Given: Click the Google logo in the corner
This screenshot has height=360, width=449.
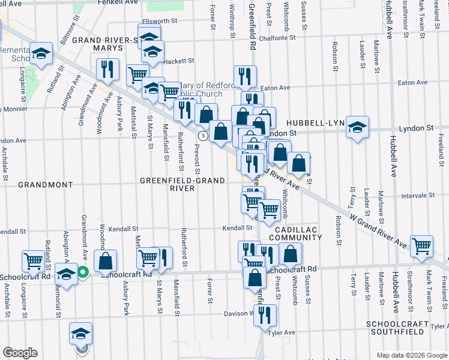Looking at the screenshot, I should coord(20,353).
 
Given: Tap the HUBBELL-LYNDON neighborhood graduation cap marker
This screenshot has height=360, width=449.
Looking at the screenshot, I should coord(357,127).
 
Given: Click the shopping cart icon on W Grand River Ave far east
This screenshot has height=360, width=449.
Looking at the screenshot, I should coord(422,245).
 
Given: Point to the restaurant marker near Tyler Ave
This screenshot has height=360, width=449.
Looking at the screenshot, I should coord(265,314).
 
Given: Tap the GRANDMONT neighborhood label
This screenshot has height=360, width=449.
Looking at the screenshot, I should coord(45,185).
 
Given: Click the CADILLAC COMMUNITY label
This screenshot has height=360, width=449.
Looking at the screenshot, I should coord(295,233).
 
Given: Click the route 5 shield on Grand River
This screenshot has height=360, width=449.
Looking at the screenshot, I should coord(204,136).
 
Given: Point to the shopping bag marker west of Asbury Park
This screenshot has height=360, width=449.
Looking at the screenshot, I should coord(106,262).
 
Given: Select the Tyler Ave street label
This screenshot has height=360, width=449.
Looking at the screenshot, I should coord(282,332).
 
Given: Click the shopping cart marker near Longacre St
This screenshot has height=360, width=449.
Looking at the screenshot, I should coord(33,261).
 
